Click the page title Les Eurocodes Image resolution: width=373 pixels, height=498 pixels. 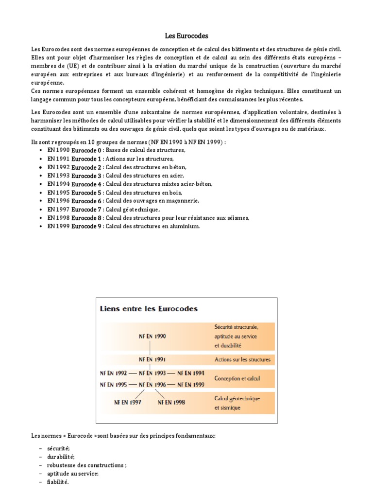click(186, 36)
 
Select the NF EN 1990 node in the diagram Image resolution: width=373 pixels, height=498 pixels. click(153, 336)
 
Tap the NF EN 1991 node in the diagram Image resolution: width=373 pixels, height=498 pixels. click(153, 360)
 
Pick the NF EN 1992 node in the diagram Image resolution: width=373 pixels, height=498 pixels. click(114, 373)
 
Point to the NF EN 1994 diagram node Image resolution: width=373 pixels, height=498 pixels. click(191, 373)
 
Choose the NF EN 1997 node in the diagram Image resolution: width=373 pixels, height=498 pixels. click(127, 402)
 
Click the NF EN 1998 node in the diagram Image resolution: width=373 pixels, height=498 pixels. click(171, 402)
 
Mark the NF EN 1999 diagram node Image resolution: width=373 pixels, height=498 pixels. click(191, 384)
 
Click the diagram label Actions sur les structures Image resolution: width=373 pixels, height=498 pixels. click(242, 360)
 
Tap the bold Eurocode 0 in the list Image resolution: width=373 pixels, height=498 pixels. click(86, 150)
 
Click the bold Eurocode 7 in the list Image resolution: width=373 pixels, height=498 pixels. click(86, 209)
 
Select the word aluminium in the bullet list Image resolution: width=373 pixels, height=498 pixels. click(184, 226)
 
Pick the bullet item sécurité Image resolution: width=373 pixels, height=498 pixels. click(59, 448)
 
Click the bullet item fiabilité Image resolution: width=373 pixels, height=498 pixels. click(58, 482)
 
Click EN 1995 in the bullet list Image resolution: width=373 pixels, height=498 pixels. click(58, 193)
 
